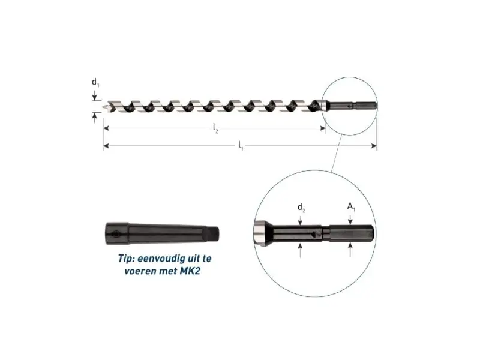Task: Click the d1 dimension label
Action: click(x=95, y=83)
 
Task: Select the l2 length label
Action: click(x=216, y=128)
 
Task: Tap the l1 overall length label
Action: click(x=241, y=146)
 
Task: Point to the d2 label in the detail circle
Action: click(x=301, y=208)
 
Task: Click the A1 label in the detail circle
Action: click(x=351, y=207)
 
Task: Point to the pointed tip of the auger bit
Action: click(x=104, y=107)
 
